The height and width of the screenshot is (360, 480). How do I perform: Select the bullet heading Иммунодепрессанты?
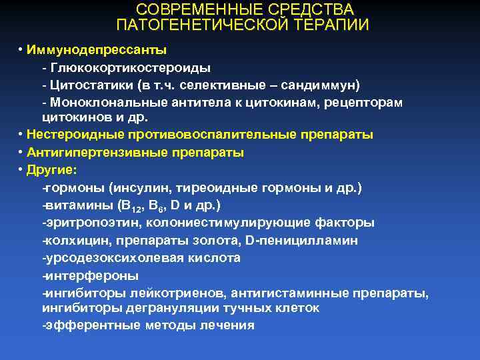97,51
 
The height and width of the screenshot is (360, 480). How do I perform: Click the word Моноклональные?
101,103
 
